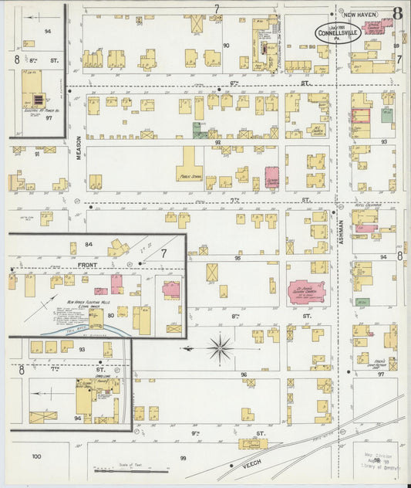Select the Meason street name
pyautogui.click(x=79, y=146)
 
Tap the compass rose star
pyautogui.click(x=221, y=349)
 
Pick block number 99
pyautogui.click(x=183, y=458)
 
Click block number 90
pyautogui.click(x=226, y=46)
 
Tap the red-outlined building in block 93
pyautogui.click(x=361, y=115)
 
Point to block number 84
pyautogui.click(x=89, y=245)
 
